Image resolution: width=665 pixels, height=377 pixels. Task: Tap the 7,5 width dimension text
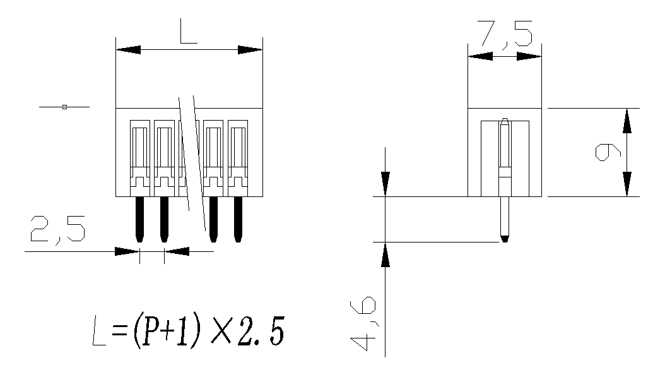(x=505, y=34)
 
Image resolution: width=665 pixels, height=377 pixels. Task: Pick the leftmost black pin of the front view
(x=139, y=219)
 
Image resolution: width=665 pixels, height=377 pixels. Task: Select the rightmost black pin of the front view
(x=238, y=219)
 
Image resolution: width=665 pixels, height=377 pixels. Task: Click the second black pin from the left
(x=164, y=219)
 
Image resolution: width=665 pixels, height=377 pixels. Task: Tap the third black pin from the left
(x=213, y=219)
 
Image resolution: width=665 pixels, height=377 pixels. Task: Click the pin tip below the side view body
(x=504, y=238)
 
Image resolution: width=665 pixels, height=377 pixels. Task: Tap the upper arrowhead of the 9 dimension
(x=627, y=120)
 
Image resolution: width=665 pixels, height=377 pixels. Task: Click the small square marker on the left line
(x=64, y=107)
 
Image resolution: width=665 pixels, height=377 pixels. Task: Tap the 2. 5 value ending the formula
(x=259, y=334)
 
